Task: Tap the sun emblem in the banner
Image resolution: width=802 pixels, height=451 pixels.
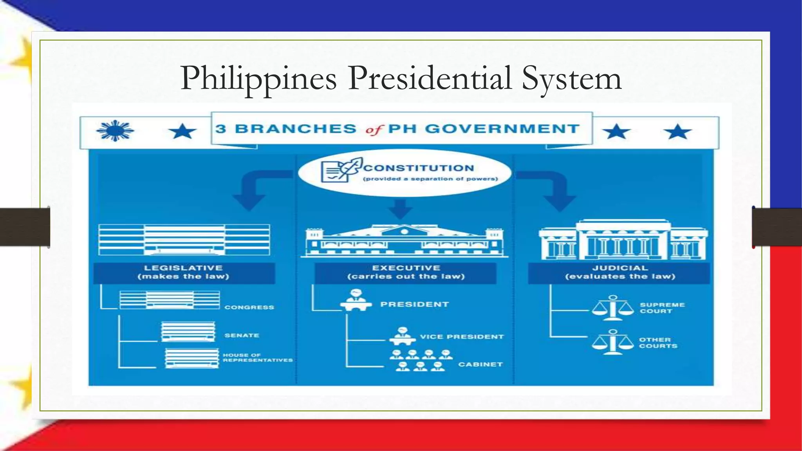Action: [x=115, y=131]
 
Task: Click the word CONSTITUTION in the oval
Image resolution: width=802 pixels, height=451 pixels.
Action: [x=419, y=168]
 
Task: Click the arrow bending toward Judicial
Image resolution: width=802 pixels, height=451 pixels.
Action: [x=552, y=188]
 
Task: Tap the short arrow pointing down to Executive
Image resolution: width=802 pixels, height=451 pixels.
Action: [x=400, y=208]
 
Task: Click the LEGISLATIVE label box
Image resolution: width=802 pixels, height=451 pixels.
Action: [x=184, y=272]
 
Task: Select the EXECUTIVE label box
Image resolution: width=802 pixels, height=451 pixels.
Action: [x=406, y=272]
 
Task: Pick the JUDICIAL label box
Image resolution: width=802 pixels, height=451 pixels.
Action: [x=620, y=272]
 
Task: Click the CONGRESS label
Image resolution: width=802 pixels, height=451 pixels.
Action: [x=249, y=307]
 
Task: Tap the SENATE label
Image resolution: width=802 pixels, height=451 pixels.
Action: [x=242, y=336]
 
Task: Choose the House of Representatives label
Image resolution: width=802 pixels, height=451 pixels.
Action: [x=258, y=357]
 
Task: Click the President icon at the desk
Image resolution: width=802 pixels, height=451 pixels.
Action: [x=356, y=300]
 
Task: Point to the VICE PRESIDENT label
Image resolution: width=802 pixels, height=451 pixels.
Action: [x=462, y=337]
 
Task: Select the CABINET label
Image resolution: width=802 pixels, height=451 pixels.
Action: [x=480, y=364]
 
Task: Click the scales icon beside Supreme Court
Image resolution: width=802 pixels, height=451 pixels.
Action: [x=613, y=308]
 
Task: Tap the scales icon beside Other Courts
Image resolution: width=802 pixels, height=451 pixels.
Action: [x=613, y=342]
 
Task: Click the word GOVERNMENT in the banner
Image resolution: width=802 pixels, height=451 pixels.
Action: [x=502, y=129]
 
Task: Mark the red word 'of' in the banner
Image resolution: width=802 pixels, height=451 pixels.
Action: [x=374, y=130]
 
